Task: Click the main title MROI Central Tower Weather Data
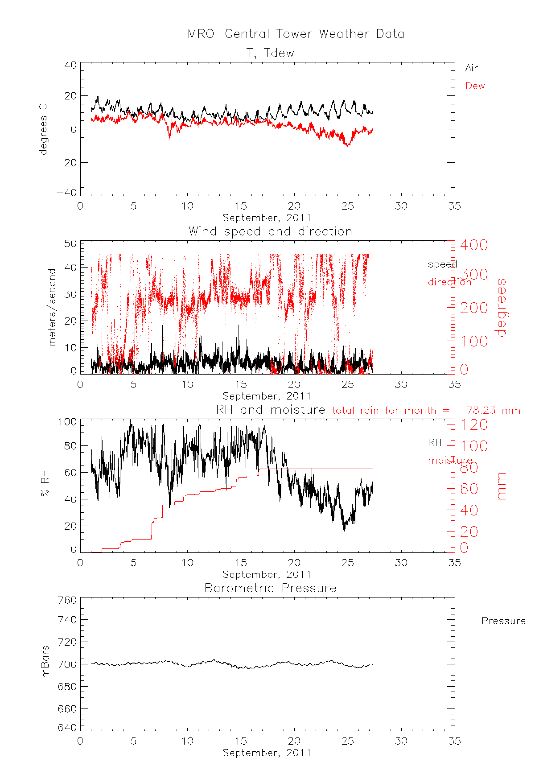[x=296, y=34]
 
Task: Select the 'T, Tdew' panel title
[x=271, y=53]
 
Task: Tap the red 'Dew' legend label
[x=475, y=86]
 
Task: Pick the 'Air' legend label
[x=471, y=68]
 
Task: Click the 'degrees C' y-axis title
[x=43, y=129]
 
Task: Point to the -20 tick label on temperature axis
[x=66, y=163]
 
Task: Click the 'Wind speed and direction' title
[x=270, y=231]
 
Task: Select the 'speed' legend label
[x=442, y=264]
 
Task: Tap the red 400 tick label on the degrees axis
[x=474, y=245]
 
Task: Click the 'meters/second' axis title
[x=53, y=307]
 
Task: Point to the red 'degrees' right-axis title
[x=502, y=307]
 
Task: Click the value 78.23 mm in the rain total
[x=493, y=410]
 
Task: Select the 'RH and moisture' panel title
[x=271, y=410]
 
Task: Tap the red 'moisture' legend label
[x=450, y=461]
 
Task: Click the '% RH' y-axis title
[x=45, y=486]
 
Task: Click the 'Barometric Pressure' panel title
[x=270, y=588]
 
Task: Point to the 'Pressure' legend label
[x=503, y=621]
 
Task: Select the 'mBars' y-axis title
[x=45, y=664]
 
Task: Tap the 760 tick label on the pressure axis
[x=67, y=600]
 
